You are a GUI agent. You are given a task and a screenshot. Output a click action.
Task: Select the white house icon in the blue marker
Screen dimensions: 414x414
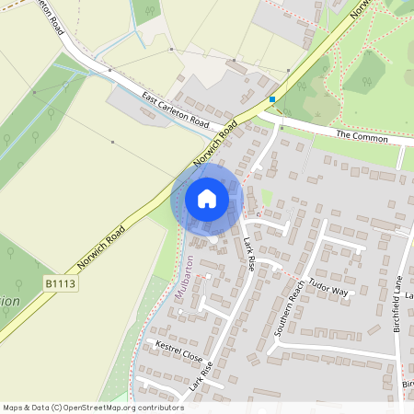207,198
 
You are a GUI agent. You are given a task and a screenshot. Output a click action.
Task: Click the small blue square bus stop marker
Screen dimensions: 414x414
272,98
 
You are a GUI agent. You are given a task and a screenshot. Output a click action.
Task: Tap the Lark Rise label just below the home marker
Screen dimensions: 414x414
253,247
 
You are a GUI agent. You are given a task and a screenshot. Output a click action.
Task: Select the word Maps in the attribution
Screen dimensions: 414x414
13,407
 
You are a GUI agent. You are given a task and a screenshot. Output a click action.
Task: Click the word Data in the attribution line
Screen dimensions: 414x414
39,407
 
